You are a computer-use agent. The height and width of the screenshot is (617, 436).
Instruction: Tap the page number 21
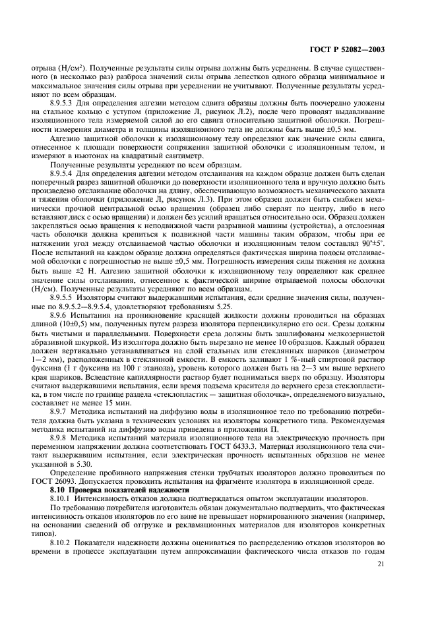point(383,562)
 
